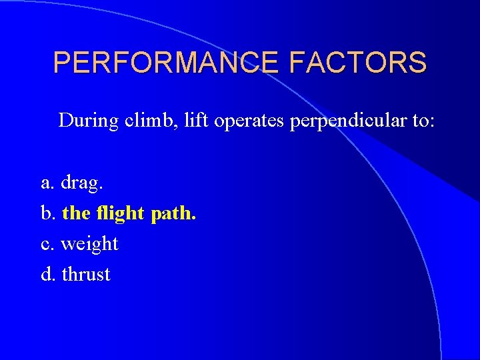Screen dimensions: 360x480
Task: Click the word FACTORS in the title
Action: click(358, 63)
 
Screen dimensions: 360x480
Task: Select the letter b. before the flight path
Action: click(49, 213)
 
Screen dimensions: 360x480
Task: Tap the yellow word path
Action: click(174, 214)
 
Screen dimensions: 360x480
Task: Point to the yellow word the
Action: click(75, 213)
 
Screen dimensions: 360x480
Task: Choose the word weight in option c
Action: click(89, 245)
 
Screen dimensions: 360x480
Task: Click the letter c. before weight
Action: click(48, 244)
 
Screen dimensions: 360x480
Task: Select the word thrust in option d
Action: click(86, 275)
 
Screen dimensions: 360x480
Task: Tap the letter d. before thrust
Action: click(49, 274)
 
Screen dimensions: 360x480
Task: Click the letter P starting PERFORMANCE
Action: click(62, 63)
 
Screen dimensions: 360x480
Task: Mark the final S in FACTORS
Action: click(417, 63)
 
